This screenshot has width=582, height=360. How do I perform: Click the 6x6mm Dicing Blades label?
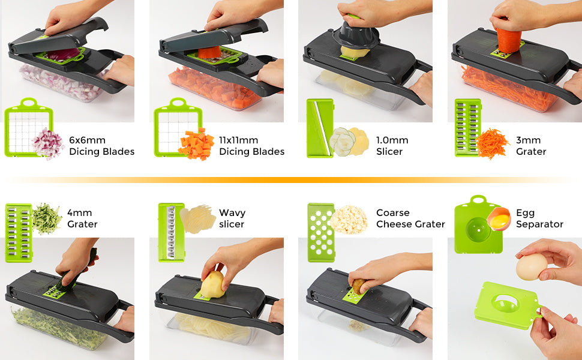click(x=101, y=146)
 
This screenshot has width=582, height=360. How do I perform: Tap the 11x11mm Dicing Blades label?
click(x=251, y=146)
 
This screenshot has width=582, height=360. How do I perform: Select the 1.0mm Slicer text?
click(x=392, y=146)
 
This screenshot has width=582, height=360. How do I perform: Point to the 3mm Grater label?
click(x=531, y=146)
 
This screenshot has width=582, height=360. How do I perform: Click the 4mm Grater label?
click(x=82, y=218)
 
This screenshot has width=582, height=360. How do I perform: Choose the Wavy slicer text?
click(x=232, y=218)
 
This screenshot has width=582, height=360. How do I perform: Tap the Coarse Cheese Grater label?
click(x=410, y=218)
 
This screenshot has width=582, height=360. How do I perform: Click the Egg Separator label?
click(x=539, y=218)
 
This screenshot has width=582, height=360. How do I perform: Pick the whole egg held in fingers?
click(x=531, y=266)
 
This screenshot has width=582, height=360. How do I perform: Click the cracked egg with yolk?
click(x=499, y=219)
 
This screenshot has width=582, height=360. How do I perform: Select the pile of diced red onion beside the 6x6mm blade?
click(x=47, y=143)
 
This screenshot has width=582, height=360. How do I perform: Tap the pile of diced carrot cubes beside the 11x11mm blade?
click(x=196, y=144)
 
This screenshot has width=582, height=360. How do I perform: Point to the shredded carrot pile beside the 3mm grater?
click(x=492, y=143)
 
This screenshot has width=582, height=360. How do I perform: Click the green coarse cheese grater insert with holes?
click(x=321, y=233)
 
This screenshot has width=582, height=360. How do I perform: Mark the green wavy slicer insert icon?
click(x=171, y=232)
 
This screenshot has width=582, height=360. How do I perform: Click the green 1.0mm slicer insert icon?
click(x=320, y=128)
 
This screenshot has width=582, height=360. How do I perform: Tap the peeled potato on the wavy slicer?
click(x=212, y=284)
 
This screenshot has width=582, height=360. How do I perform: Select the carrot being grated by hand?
click(x=509, y=41)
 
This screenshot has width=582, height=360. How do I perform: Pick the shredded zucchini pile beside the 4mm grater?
click(x=47, y=219)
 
